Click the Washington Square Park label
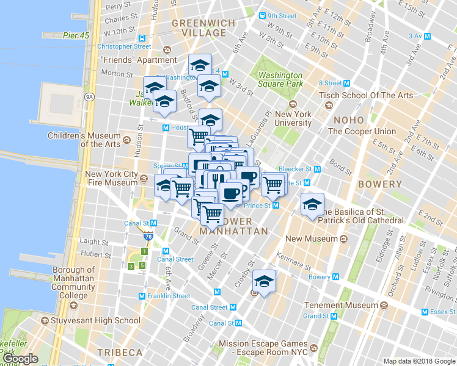pos(280,79)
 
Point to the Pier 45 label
pos(76,35)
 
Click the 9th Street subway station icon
pos(262,16)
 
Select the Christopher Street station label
pos(123,46)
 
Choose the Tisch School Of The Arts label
pos(366,95)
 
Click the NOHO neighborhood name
pos(348,120)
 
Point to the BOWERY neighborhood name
pos(379,184)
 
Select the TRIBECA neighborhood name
pos(119,353)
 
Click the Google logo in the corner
pos(20,359)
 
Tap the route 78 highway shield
pos(149,237)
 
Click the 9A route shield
pos(89,96)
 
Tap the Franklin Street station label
pos(168,296)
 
